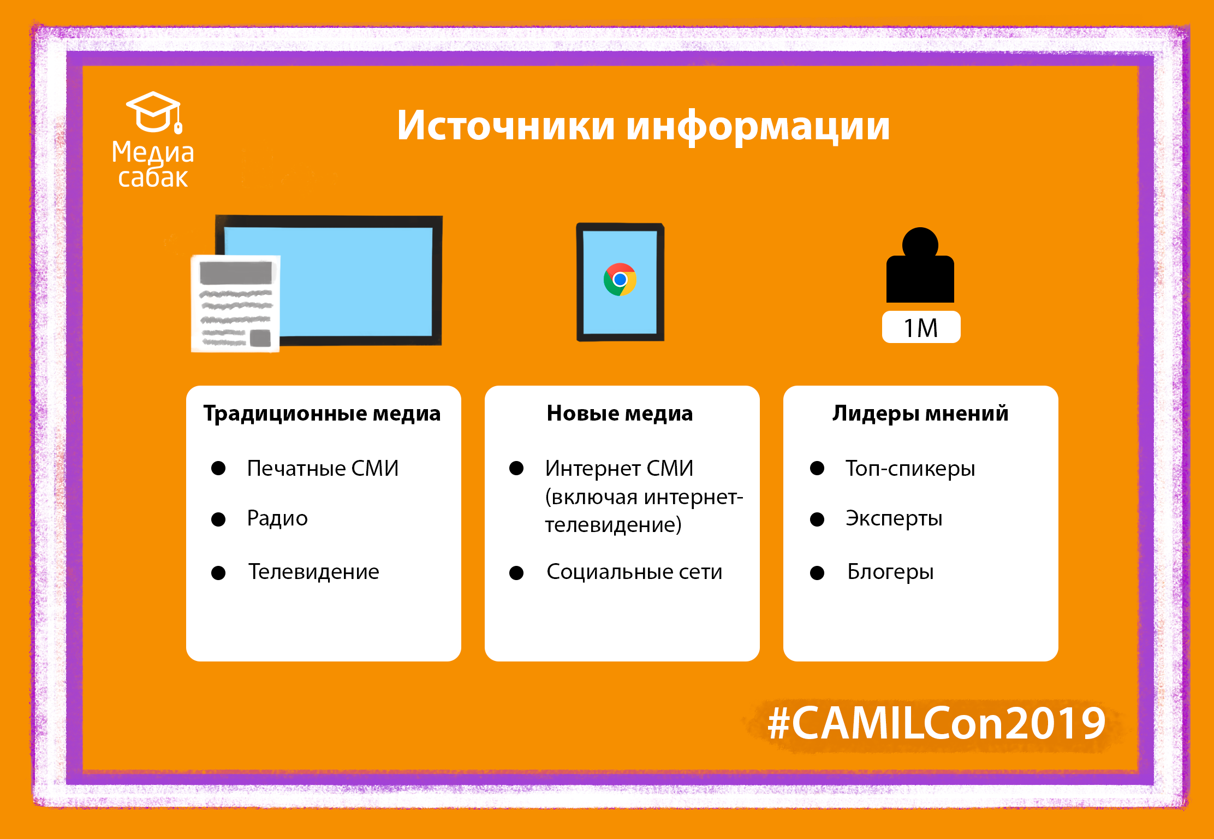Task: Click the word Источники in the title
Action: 506,126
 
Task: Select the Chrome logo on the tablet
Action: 620,280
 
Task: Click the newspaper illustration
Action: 235,303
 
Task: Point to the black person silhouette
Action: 920,265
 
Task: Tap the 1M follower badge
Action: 921,327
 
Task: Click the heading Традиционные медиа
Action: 322,413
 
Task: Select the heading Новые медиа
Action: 620,413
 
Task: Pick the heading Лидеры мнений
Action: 920,413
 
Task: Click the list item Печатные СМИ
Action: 323,468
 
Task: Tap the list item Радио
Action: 277,518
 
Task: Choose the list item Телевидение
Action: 313,572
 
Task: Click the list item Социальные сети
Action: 634,572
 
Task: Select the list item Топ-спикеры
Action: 911,469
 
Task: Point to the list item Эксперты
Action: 894,518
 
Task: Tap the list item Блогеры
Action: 890,572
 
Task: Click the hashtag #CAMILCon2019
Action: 937,723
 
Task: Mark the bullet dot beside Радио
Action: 218,519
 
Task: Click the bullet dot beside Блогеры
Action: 817,572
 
